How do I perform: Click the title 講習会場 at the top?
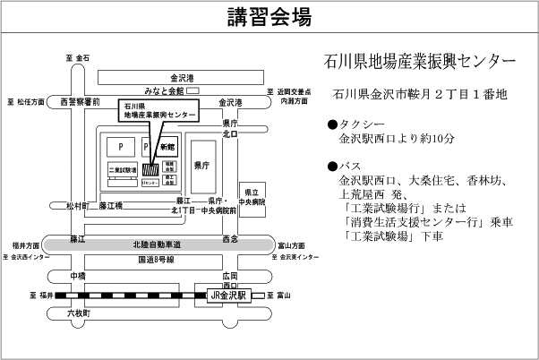[x=269, y=17]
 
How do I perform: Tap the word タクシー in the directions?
[x=362, y=124]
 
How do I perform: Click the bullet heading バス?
[x=350, y=166]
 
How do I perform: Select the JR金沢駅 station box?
[x=227, y=295]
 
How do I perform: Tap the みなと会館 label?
[x=164, y=90]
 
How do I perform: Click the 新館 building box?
[x=168, y=146]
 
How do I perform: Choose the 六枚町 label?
[x=79, y=313]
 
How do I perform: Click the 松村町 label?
[x=78, y=206]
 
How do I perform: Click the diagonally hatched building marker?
[x=152, y=167]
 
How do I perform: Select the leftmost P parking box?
[x=119, y=145]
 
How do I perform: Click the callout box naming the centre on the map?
[x=157, y=111]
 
